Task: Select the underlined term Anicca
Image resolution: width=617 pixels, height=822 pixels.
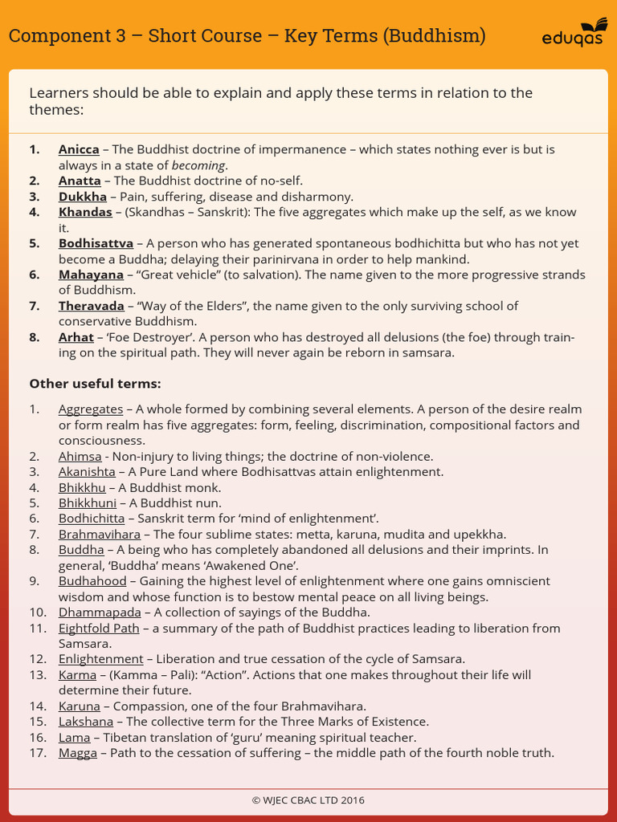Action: pyautogui.click(x=79, y=149)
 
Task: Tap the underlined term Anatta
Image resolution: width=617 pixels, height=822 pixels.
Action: pyautogui.click(x=80, y=181)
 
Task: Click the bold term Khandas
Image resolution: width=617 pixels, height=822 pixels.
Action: pyautogui.click(x=85, y=212)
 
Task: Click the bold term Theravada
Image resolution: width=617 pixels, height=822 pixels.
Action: pyautogui.click(x=91, y=306)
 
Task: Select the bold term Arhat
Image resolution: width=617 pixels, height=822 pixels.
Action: pyautogui.click(x=76, y=337)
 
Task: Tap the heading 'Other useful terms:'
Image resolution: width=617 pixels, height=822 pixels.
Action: pyautogui.click(x=95, y=384)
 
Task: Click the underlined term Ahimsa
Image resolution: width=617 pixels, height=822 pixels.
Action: pyautogui.click(x=80, y=456)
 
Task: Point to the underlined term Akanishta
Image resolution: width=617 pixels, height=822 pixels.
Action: pyautogui.click(x=87, y=472)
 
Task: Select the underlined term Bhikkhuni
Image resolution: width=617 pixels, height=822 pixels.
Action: pyautogui.click(x=88, y=503)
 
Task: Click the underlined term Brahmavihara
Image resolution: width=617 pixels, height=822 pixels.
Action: pyautogui.click(x=99, y=535)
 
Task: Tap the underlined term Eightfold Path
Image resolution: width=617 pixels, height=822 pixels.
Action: pyautogui.click(x=99, y=629)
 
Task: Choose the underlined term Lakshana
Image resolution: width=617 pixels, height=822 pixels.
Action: pyautogui.click(x=86, y=722)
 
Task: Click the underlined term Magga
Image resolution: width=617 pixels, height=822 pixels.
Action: pyautogui.click(x=78, y=754)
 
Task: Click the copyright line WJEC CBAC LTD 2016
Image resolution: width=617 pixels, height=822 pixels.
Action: pyautogui.click(x=308, y=800)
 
